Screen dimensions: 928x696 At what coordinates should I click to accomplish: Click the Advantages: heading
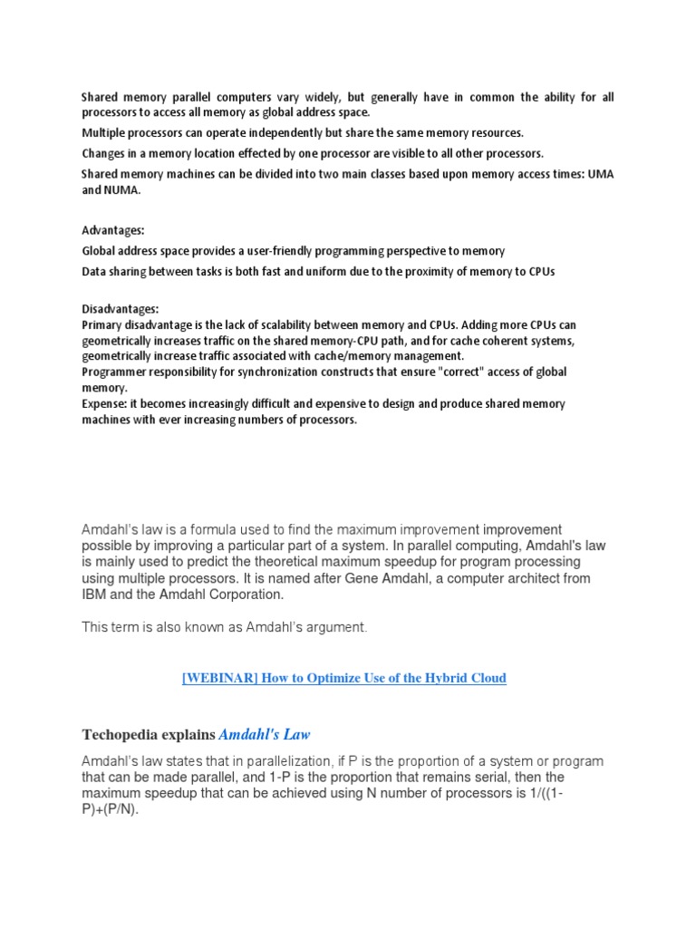[113, 231]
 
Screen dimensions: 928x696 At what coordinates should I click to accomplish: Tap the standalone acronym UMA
[600, 174]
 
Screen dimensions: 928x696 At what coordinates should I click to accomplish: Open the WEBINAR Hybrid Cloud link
[344, 678]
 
